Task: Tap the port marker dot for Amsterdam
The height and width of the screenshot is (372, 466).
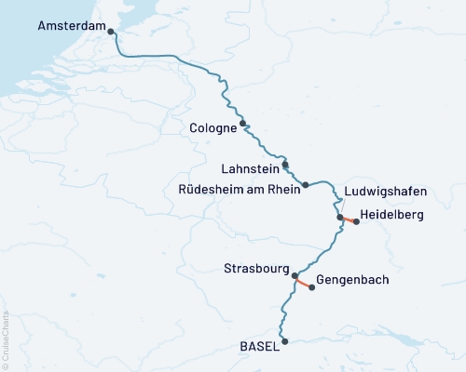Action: tap(112, 32)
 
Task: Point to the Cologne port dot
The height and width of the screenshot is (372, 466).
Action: tap(242, 123)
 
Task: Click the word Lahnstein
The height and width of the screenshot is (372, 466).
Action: tap(249, 169)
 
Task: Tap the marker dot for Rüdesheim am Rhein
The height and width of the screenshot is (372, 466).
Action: tap(305, 185)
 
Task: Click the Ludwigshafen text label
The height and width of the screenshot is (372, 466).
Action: tap(386, 192)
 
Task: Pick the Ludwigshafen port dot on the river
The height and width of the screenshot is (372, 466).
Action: tap(341, 218)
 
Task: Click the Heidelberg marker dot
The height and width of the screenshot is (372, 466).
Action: tap(357, 222)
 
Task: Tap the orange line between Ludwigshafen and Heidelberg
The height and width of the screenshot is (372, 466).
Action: tap(349, 220)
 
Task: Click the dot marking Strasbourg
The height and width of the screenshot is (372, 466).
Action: tap(295, 275)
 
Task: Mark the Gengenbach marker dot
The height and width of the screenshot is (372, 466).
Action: tap(311, 287)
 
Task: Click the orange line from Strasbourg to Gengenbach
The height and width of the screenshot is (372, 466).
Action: tap(304, 282)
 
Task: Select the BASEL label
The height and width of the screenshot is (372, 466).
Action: tap(259, 345)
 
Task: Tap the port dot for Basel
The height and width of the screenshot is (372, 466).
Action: tap(285, 341)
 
